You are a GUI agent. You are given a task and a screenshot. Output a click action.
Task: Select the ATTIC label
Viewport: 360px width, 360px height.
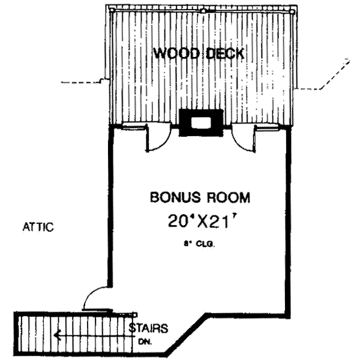[38, 227]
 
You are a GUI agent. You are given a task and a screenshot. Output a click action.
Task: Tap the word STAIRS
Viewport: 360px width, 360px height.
[148, 328]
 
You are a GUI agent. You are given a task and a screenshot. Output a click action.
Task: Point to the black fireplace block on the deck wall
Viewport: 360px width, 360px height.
[201, 124]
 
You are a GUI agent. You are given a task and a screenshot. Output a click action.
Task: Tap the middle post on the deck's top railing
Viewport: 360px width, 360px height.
[203, 11]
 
